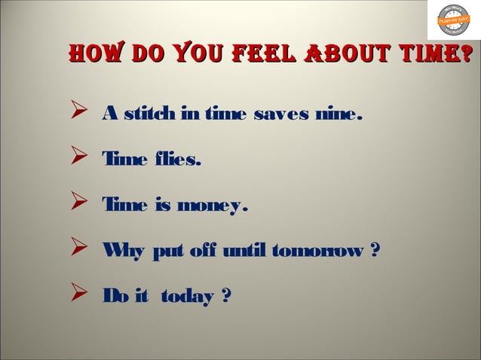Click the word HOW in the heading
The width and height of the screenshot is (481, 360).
pyautogui.click(x=97, y=54)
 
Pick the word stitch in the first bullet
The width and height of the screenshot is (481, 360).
pyautogui.click(x=149, y=114)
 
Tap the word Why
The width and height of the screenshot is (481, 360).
pyautogui.click(x=119, y=251)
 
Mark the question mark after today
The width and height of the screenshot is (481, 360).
pyautogui.click(x=225, y=297)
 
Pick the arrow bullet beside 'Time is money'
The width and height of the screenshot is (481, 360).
pyautogui.click(x=75, y=204)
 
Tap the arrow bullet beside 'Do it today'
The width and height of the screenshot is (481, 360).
pyautogui.click(x=75, y=295)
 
